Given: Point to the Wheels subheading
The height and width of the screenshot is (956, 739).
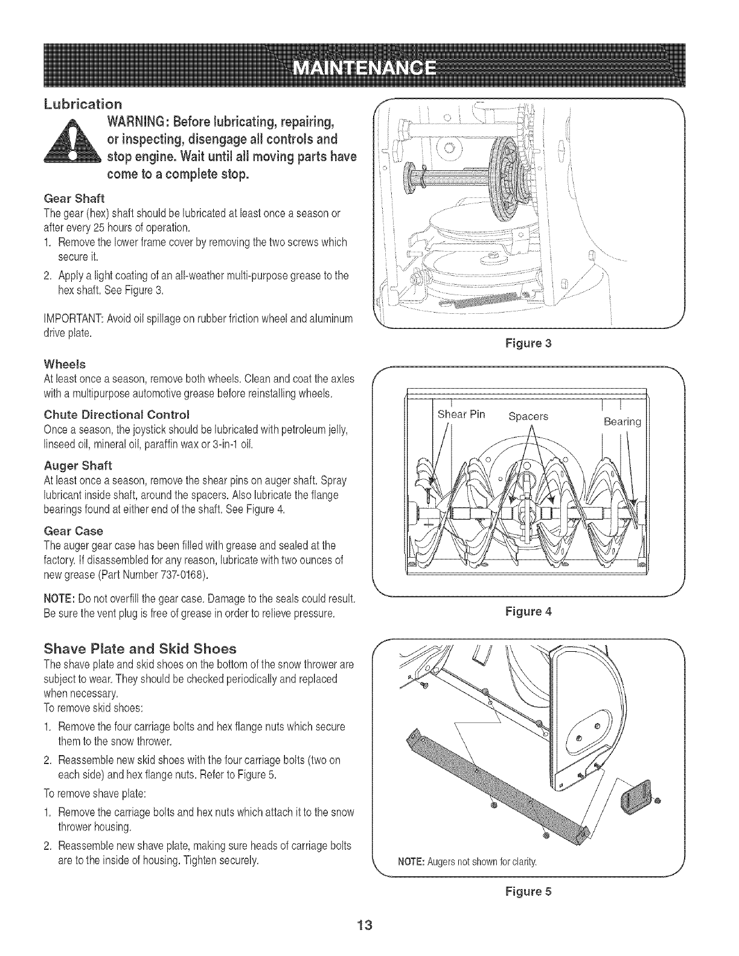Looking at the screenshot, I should pos(65,365).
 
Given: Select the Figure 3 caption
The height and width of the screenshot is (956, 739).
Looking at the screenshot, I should pos(529,344).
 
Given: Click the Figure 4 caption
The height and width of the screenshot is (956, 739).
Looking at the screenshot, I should pos(529,611).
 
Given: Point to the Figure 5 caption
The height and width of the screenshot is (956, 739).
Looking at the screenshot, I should pos(529,891).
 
